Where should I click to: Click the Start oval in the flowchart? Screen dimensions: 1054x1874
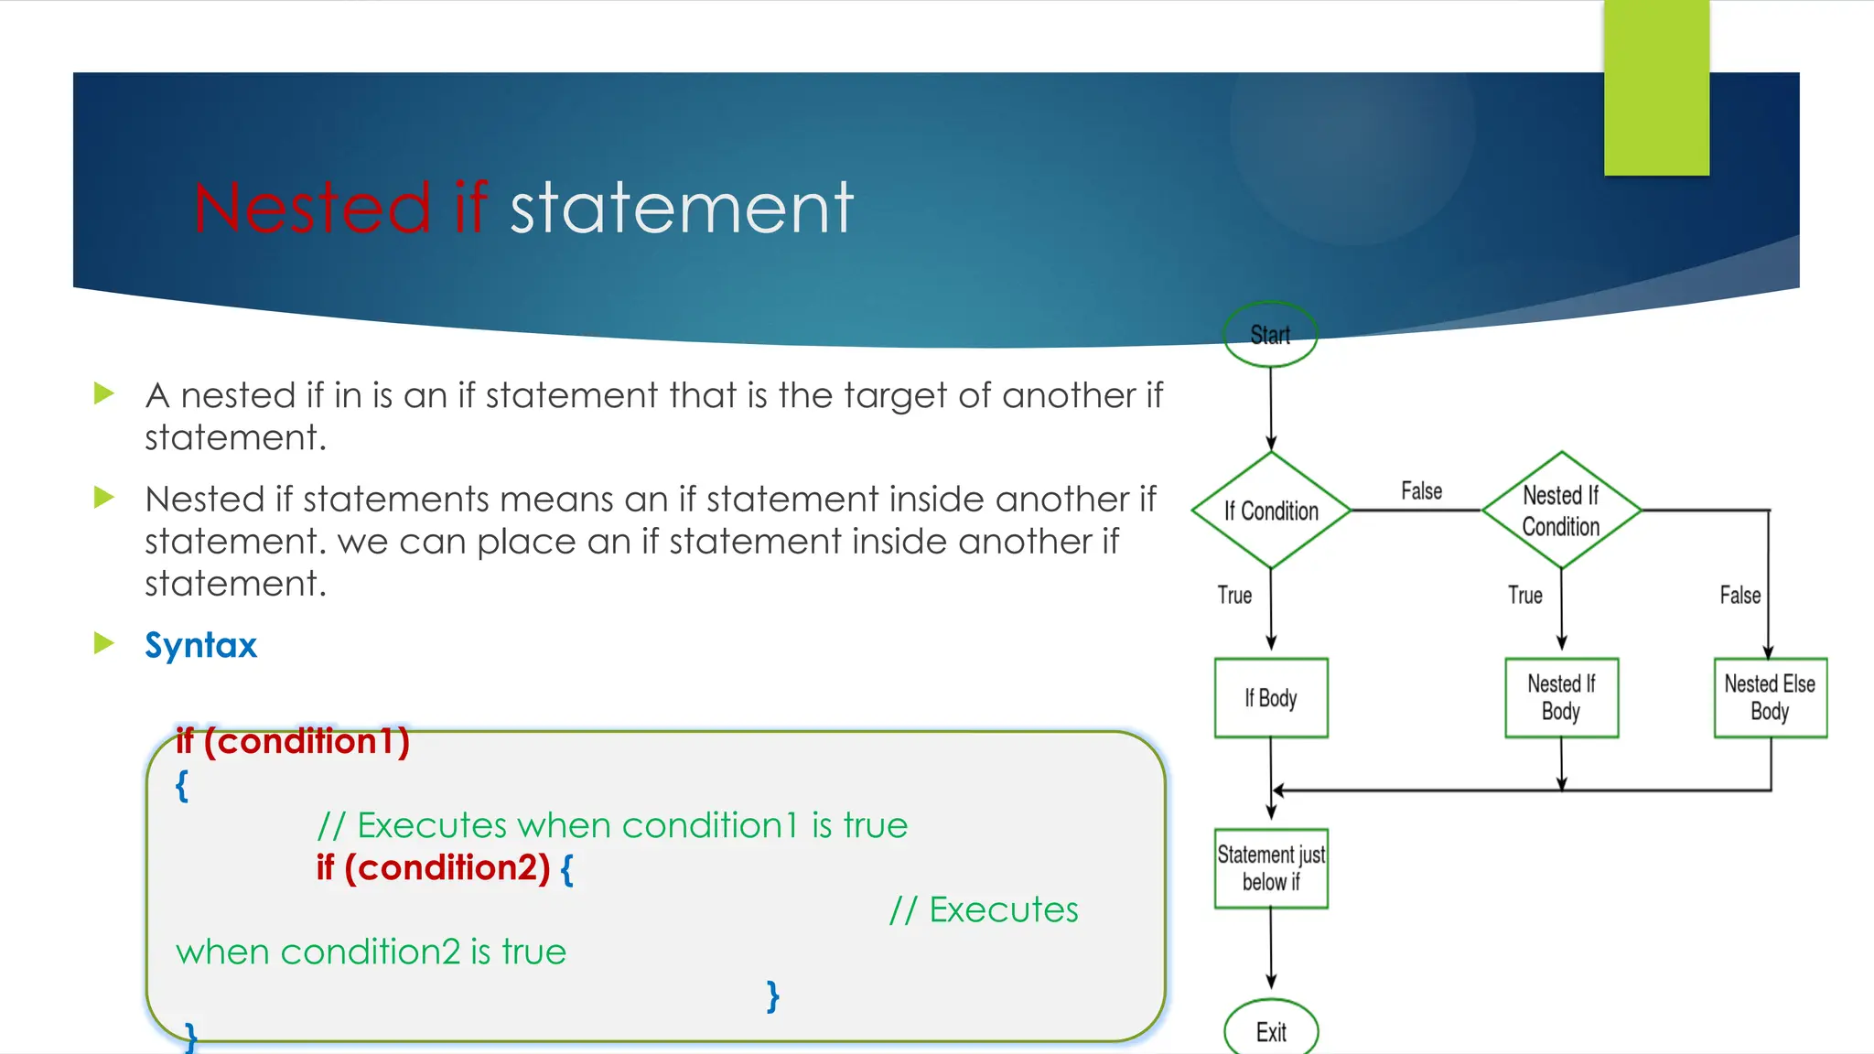tap(1270, 335)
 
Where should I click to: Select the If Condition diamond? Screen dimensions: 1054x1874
tap(1271, 511)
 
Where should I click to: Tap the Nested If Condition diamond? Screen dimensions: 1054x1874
tap(1561, 511)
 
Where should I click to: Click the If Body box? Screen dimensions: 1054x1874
tap(1271, 698)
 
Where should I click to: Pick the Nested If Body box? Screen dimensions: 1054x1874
tap(1561, 698)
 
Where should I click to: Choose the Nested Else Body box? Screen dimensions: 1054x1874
tap(1770, 698)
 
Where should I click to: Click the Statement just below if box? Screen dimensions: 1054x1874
tap(1271, 868)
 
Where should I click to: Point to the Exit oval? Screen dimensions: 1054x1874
tap(1271, 1031)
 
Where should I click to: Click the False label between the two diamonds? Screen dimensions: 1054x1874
tap(1421, 491)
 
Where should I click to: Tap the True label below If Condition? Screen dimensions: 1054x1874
tap(1234, 596)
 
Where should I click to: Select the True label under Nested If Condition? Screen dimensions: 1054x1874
tap(1524, 596)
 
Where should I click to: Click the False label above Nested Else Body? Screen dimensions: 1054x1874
tap(1739, 596)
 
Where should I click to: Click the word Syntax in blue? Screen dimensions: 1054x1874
tap(201, 646)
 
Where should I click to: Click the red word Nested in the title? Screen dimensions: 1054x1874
tap(312, 209)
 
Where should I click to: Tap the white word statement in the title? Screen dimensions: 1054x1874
tap(682, 209)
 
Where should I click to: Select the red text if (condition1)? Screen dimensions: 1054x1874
tap(293, 741)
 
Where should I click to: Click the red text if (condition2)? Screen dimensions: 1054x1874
tap(433, 867)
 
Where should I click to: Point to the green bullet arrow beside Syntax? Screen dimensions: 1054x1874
tap(104, 643)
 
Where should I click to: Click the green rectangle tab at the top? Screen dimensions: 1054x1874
tap(1656, 87)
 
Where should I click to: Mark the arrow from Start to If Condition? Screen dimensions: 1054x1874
tap(1271, 407)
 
